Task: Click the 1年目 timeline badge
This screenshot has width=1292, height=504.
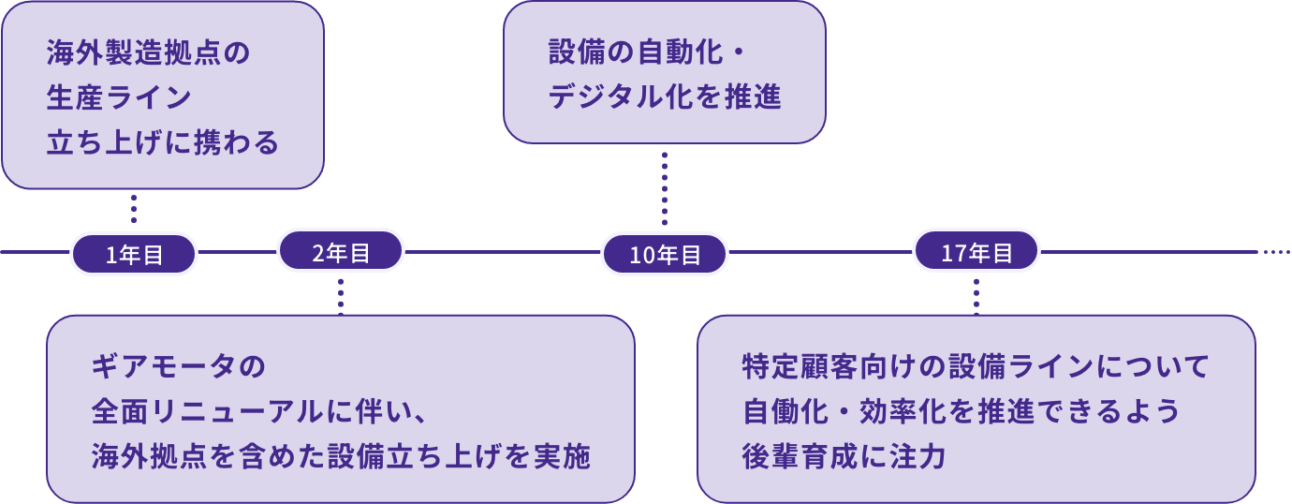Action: tap(134, 254)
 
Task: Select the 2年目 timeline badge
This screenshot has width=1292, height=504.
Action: tap(341, 251)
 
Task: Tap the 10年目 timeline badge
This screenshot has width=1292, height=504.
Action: tap(665, 254)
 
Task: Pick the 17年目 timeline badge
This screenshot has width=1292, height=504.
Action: tap(976, 251)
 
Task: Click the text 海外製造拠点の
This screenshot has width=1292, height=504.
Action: tap(148, 53)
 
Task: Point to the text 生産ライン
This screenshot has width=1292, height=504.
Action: tap(119, 97)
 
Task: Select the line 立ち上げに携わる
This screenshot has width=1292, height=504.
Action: tap(163, 142)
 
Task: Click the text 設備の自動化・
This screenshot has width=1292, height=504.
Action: tap(648, 53)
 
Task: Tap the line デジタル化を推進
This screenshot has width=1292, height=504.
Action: tap(665, 97)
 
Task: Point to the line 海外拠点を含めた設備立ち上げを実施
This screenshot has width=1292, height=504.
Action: tap(341, 456)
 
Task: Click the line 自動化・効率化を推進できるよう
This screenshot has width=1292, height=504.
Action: tap(960, 411)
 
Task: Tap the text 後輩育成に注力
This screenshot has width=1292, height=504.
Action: tap(844, 456)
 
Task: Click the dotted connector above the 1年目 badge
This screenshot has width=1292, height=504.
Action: tap(134, 209)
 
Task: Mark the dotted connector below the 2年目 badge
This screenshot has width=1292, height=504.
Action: tap(341, 294)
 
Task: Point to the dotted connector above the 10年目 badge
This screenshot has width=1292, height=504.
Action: tap(665, 187)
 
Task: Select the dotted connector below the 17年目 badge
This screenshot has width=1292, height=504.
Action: tap(976, 294)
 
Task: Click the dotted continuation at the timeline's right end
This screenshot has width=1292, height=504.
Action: tap(1276, 252)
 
